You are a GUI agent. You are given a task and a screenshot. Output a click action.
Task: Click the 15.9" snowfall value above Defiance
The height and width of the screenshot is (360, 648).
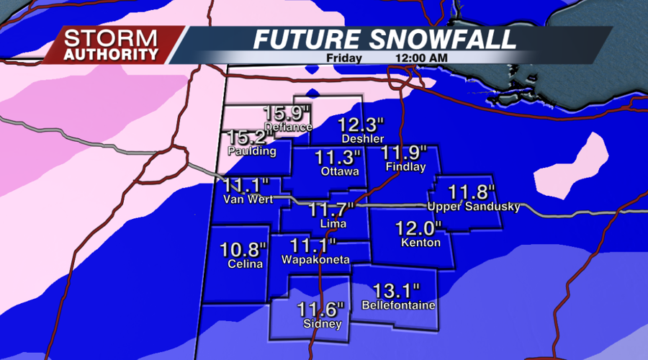[288, 113]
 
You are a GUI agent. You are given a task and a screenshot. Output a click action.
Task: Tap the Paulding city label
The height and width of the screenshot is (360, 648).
[251, 152]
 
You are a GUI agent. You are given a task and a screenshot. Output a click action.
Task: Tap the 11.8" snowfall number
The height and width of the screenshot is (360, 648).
[472, 192]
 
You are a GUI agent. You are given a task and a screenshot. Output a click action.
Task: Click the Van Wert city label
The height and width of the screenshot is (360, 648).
[248, 199]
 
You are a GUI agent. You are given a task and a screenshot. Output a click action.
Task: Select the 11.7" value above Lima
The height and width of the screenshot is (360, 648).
[333, 210]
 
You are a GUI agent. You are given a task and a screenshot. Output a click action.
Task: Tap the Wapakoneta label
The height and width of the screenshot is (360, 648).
[315, 259]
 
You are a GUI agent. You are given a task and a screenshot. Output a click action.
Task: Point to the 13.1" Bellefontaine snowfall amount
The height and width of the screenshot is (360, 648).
[396, 291]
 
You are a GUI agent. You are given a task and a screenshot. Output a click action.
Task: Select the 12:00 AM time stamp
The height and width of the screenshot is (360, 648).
[420, 57]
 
